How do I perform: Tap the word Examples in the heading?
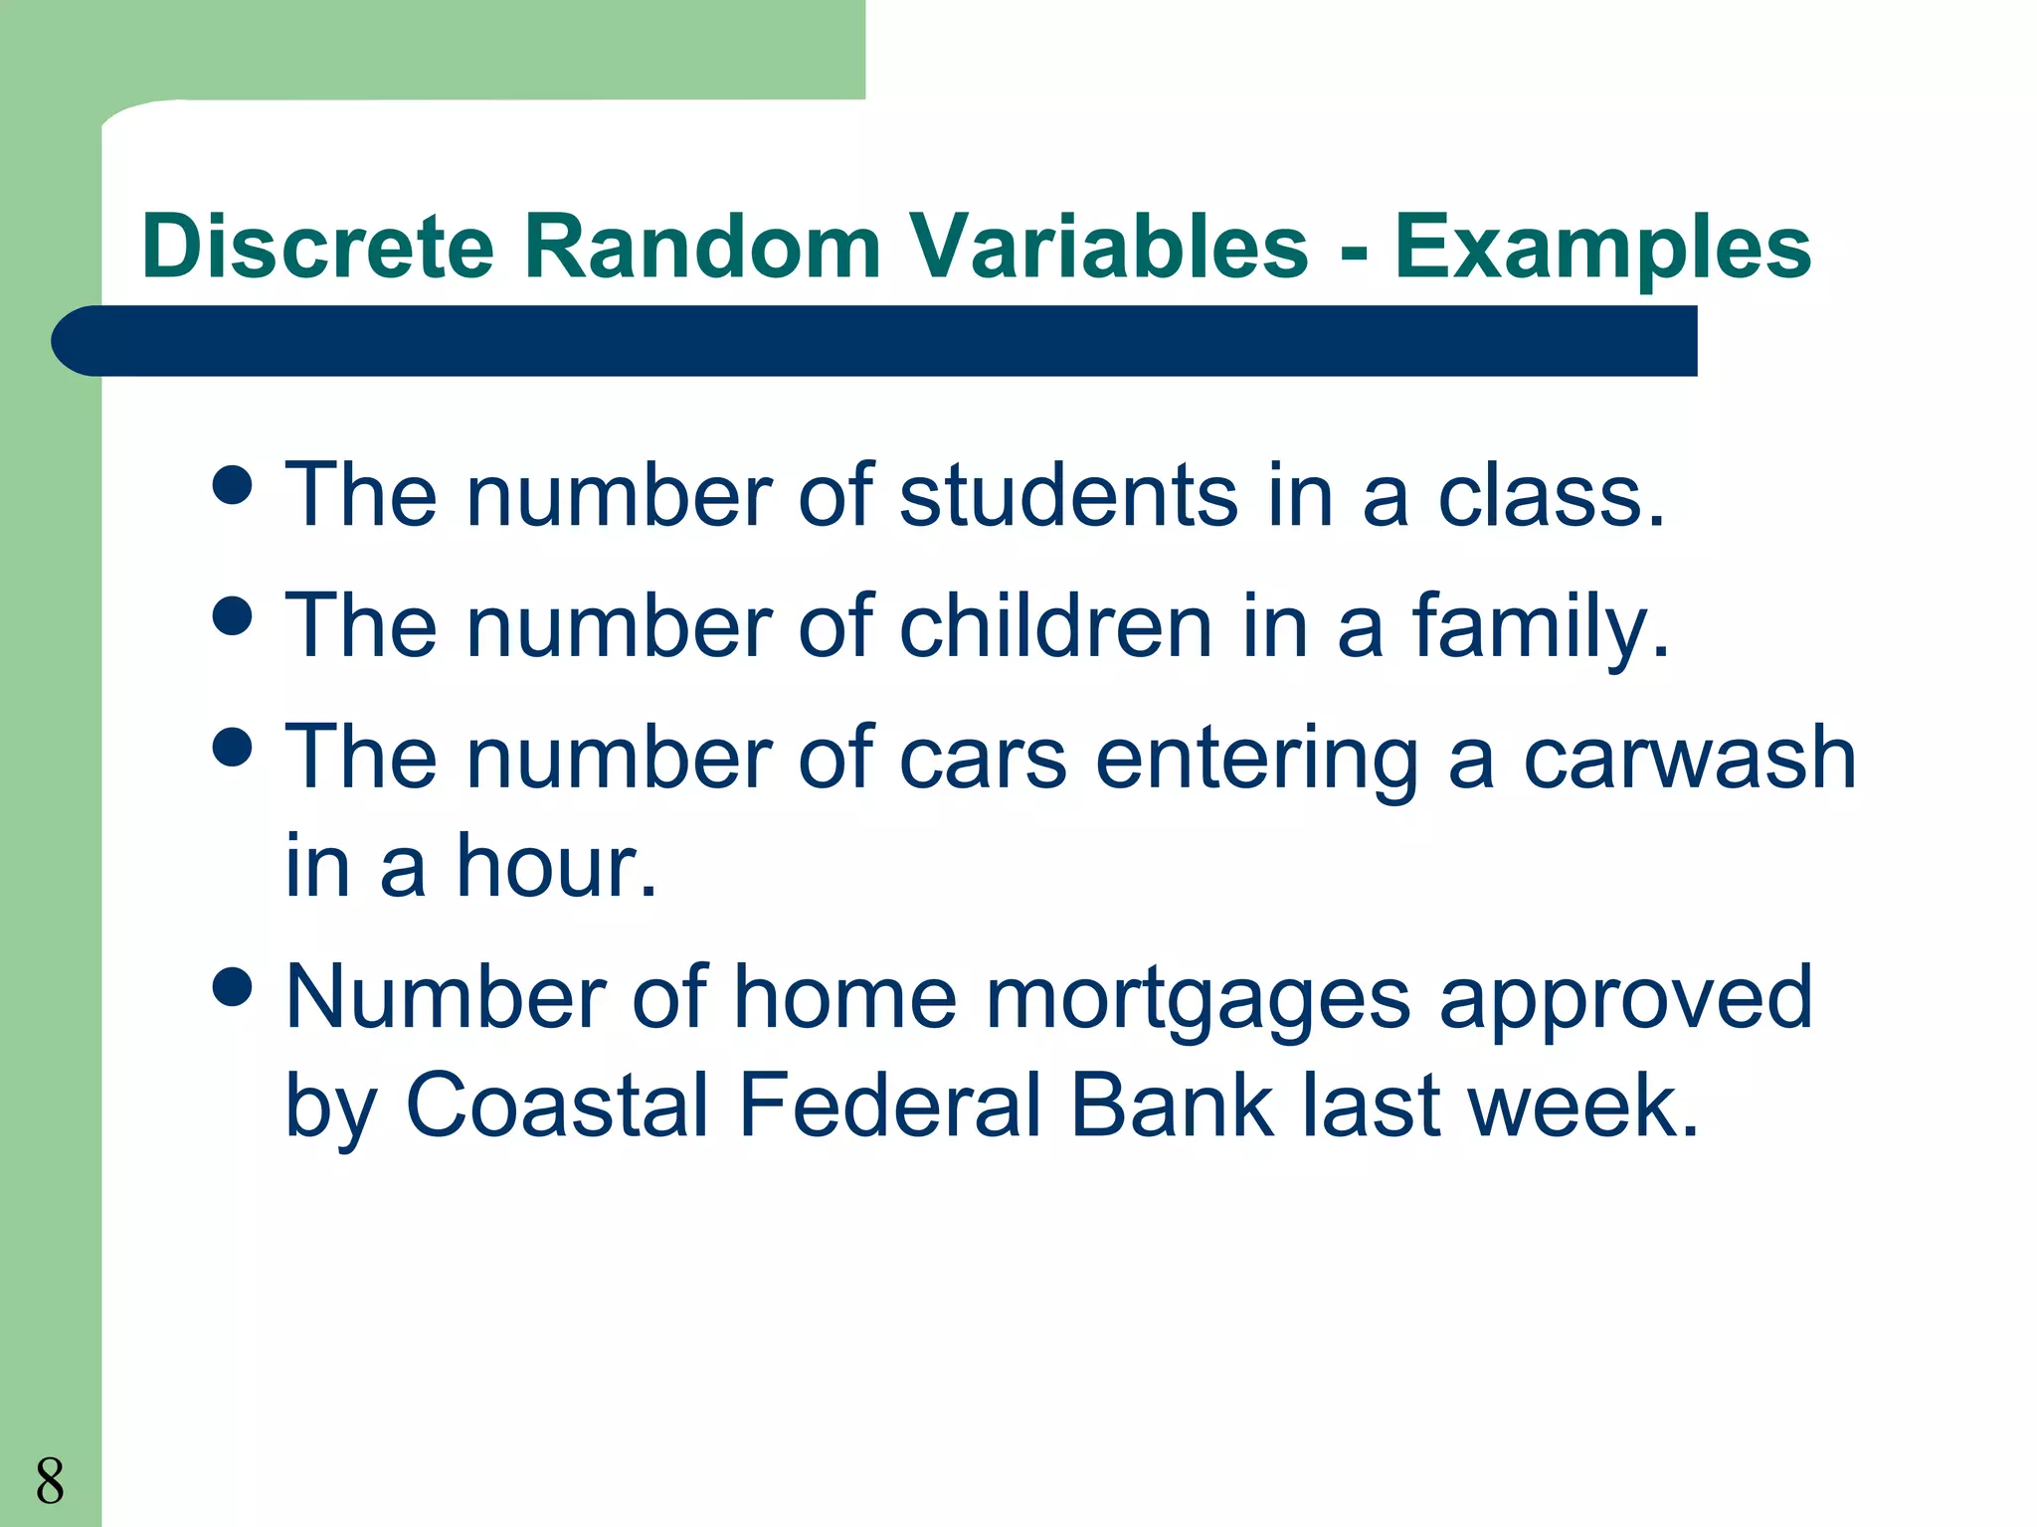[x=1602, y=249]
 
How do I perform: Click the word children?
[x=1055, y=626]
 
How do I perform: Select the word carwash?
[x=1690, y=758]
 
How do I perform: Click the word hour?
[x=557, y=867]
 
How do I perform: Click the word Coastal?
[x=557, y=1105]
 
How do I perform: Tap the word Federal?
[x=890, y=1105]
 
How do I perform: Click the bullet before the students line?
[x=233, y=485]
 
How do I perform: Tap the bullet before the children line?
[x=233, y=615]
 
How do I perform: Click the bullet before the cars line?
[x=233, y=747]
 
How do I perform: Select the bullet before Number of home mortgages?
[x=233, y=987]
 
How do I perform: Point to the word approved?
[x=1625, y=1000]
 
